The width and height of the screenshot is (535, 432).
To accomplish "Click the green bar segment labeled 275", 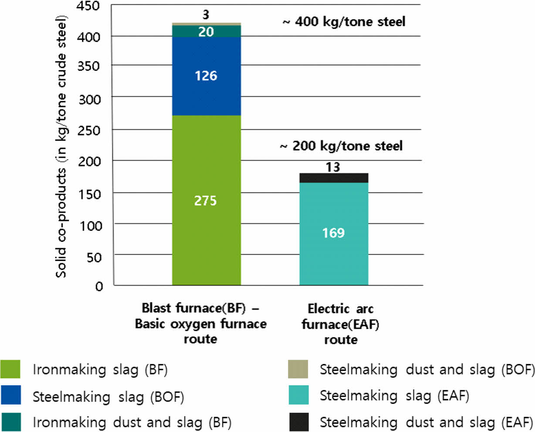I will point(206,200).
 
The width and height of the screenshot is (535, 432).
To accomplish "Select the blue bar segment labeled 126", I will point(206,76).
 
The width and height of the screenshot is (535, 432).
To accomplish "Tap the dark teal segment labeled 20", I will point(206,31).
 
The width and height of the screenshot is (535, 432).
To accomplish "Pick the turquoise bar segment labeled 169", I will point(334,233).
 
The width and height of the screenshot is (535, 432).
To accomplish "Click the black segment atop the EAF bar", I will point(334,178).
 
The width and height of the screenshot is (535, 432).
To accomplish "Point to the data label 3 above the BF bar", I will point(206,15).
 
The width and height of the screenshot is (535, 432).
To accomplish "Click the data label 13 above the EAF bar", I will point(333,167).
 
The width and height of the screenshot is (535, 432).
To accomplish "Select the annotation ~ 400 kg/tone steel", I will point(344,21).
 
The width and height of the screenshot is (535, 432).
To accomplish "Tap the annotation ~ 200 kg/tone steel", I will point(341,145).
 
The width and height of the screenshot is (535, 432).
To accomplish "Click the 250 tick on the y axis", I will point(89,130).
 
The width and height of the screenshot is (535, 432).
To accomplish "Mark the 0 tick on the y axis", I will point(99,286).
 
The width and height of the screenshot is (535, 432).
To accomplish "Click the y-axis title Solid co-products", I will point(61,146).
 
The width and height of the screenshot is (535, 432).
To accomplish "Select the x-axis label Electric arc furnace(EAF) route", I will point(340,324).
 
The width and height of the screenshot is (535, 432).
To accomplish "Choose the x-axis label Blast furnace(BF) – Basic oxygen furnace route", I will point(200,324).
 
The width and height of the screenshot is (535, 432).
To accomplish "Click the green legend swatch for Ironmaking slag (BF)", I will point(10,369).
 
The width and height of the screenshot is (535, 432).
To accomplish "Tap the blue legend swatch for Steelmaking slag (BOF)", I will point(10,395).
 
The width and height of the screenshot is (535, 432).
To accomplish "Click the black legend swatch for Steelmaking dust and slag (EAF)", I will point(298,422).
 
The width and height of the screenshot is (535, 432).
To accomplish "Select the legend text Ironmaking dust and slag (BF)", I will point(132,422).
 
